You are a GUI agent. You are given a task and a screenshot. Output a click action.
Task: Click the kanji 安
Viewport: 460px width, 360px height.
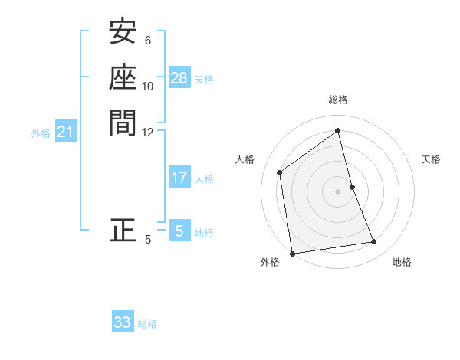click(123, 32)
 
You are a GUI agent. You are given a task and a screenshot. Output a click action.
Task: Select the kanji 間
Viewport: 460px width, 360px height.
click(123, 122)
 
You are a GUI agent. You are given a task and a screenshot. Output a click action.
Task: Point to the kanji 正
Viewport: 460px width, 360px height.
click(123, 230)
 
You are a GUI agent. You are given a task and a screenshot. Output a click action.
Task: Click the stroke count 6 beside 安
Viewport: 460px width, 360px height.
click(148, 41)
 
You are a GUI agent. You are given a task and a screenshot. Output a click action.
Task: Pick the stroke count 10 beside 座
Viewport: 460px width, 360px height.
click(148, 86)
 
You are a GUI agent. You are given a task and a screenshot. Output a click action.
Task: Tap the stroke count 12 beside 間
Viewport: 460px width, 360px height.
click(148, 131)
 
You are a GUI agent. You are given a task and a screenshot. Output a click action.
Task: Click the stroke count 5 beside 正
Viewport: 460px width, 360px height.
click(148, 240)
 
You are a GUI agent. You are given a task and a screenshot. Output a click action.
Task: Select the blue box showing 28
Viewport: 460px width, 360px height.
click(179, 78)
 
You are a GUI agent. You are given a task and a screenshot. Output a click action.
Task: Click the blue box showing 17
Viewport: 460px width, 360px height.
click(179, 178)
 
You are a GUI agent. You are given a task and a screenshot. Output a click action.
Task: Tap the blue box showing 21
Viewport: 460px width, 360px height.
click(66, 133)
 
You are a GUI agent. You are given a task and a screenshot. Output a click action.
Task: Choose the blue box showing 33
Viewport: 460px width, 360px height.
click(123, 322)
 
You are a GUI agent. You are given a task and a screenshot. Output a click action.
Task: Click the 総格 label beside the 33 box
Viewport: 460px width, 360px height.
click(147, 324)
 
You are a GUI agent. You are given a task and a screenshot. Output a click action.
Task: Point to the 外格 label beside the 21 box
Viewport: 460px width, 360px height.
click(41, 133)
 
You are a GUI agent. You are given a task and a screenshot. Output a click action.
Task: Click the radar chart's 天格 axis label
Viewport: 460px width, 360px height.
click(431, 159)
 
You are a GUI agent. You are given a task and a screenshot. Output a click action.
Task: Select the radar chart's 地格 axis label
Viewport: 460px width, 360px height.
click(402, 263)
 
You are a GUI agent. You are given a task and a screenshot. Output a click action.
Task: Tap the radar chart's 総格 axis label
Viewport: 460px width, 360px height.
click(338, 100)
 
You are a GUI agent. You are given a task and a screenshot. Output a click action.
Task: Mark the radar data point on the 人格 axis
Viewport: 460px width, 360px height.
click(280, 172)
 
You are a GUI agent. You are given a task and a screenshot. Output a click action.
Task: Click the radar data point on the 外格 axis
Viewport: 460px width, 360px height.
click(292, 254)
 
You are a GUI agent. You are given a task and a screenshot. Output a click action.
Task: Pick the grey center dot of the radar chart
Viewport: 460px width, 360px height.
click(338, 191)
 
